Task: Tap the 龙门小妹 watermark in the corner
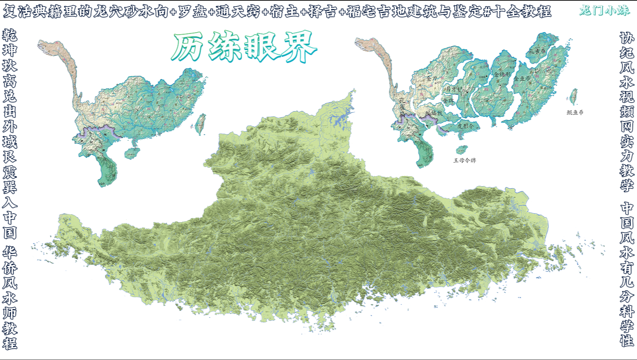pos(604,10)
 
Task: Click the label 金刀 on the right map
pos(432,79)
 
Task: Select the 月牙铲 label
pos(453,89)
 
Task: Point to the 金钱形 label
pos(502,74)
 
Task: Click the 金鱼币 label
pos(522,79)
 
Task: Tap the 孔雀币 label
pos(537,51)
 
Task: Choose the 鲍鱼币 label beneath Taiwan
pos(575,112)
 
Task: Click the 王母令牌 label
pos(464,160)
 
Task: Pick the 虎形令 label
pos(465,126)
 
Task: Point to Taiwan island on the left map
pos(200,124)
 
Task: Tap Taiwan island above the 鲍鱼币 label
pos(573,97)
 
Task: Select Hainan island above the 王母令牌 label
pos(462,150)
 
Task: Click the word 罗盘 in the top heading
pos(192,11)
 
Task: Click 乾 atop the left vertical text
pos(10,35)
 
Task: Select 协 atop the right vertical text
pos(627,38)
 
